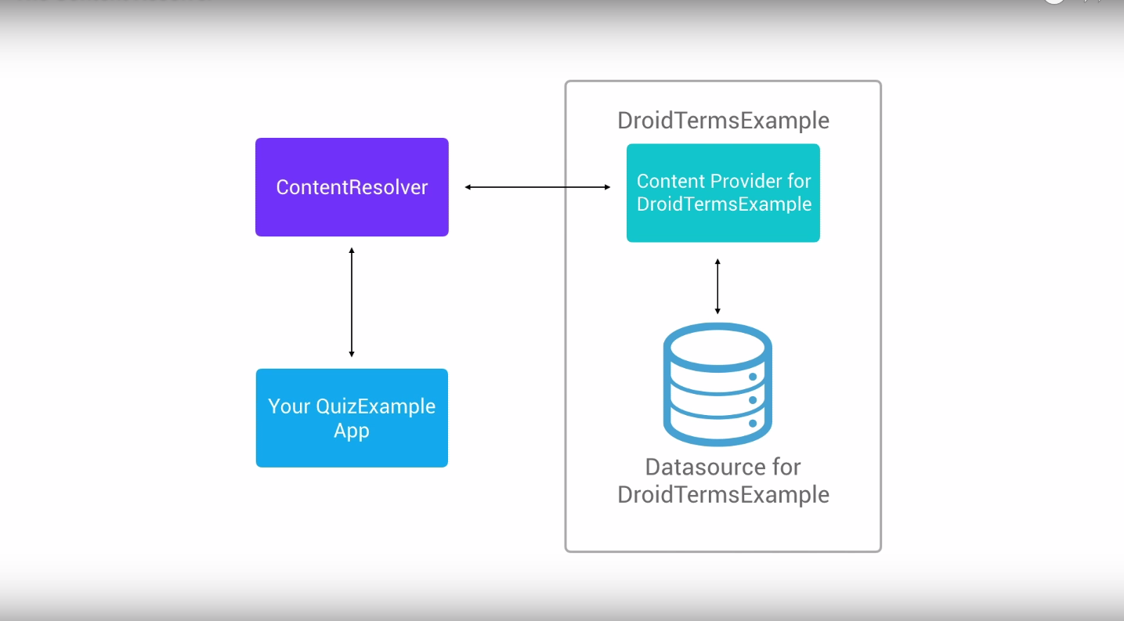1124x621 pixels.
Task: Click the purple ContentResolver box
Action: click(352, 187)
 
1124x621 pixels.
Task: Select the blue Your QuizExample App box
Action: click(352, 418)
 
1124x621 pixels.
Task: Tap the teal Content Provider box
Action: click(723, 193)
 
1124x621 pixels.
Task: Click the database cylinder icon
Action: click(717, 384)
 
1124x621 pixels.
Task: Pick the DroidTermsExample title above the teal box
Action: click(723, 121)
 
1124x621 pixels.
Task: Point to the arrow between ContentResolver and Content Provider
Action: click(537, 187)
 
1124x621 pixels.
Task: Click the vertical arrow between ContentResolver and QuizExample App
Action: click(352, 302)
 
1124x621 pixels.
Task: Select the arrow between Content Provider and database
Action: click(717, 287)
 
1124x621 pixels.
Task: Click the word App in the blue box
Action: click(352, 431)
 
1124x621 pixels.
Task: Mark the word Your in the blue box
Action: click(289, 406)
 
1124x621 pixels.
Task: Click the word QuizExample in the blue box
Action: click(375, 406)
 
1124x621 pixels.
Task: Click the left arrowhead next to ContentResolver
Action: click(468, 187)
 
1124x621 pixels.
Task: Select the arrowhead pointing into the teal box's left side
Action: click(607, 187)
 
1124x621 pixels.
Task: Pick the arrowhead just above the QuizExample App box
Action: click(352, 354)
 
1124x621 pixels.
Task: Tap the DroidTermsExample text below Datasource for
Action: click(723, 495)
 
